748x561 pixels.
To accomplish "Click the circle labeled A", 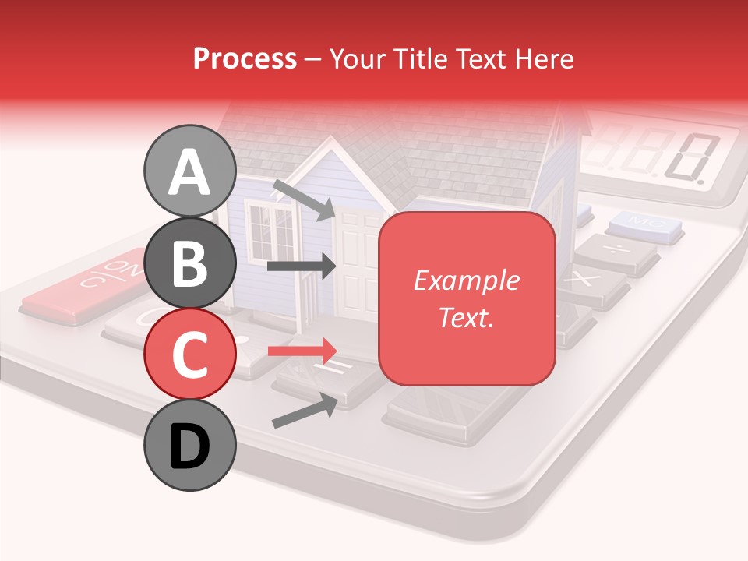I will click(x=189, y=171).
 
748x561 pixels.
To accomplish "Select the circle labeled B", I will click(x=189, y=263).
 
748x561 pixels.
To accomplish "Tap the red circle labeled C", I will click(x=189, y=354).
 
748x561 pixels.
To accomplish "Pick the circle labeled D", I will click(x=189, y=445).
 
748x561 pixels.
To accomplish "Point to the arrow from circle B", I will click(x=302, y=266).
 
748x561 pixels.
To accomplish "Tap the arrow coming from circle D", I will click(x=305, y=411).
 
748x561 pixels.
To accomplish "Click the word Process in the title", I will click(x=245, y=58).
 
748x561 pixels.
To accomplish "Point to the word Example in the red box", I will click(x=466, y=280).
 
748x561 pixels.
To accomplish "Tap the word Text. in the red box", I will click(x=466, y=317).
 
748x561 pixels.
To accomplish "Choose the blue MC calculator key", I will click(x=644, y=225).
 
